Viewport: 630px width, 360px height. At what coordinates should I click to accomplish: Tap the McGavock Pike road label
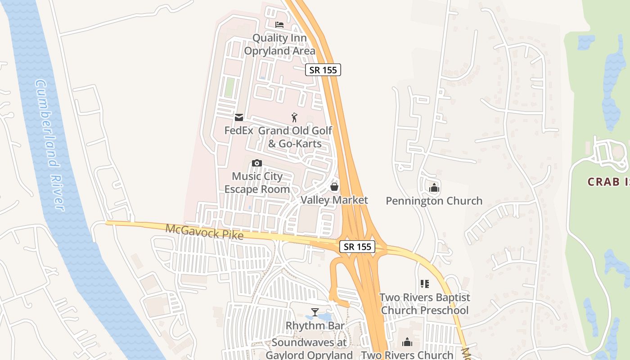point(204,232)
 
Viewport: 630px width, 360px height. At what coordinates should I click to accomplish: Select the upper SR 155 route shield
point(323,70)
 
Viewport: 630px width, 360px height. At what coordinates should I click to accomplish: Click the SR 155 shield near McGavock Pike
point(358,247)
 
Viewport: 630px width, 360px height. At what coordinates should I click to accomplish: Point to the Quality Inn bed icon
point(279,24)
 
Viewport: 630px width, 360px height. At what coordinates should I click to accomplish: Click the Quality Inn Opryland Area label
point(279,45)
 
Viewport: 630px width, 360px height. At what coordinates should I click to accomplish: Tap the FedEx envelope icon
point(238,117)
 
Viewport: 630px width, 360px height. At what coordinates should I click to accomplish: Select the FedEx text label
point(239,130)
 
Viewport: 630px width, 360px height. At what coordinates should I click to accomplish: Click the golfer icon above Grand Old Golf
point(294,117)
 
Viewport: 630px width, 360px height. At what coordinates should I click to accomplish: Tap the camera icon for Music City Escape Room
point(257,163)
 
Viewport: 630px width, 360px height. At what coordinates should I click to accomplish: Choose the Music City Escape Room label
point(257,183)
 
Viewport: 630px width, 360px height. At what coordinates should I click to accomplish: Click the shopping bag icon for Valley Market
point(334,187)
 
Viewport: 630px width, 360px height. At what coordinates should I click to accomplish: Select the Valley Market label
point(334,200)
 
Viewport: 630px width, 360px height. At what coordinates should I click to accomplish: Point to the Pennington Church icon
point(434,188)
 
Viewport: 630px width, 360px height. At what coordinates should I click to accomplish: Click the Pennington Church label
point(434,201)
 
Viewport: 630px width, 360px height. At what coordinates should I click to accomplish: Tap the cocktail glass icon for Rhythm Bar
point(315,312)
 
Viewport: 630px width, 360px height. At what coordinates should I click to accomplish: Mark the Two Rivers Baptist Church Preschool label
point(425,304)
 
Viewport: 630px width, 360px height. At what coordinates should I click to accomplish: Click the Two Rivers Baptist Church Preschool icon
point(425,284)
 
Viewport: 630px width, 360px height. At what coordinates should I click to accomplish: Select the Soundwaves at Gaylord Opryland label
point(309,349)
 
